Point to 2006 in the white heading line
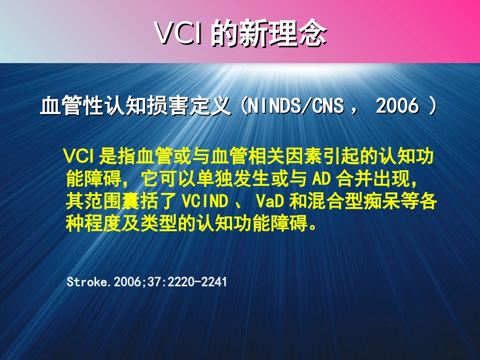pyautogui.click(x=398, y=107)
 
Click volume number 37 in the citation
pyautogui.click(x=161, y=282)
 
